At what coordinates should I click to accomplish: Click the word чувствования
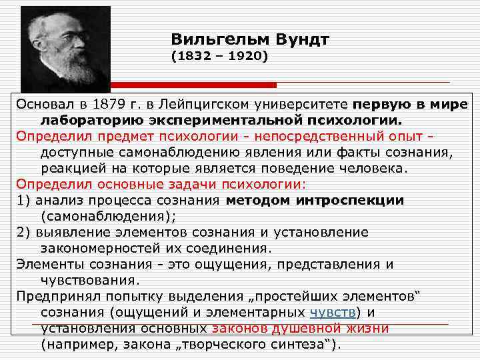pyautogui.click(x=90, y=280)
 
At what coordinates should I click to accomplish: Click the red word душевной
pyautogui.click(x=307, y=328)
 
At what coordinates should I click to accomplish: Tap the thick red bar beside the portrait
pyautogui.click(x=193, y=85)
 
